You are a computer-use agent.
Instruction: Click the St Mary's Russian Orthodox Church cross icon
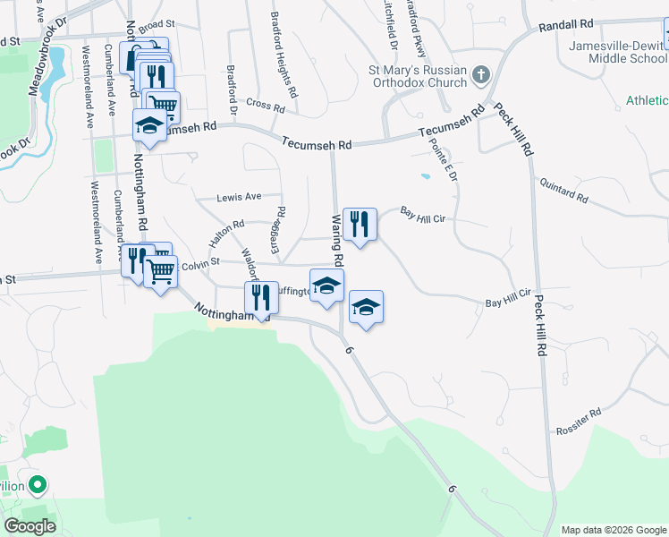(x=480, y=74)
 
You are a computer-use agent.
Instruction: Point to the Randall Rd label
(x=565, y=27)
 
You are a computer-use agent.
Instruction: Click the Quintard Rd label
(x=563, y=189)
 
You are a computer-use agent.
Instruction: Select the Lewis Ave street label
(x=240, y=197)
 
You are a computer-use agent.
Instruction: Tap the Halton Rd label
(x=226, y=235)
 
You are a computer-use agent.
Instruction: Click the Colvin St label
(x=199, y=265)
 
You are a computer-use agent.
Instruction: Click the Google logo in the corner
(x=30, y=525)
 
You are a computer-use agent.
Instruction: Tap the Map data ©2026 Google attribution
(x=613, y=530)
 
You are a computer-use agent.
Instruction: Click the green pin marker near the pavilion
(x=37, y=486)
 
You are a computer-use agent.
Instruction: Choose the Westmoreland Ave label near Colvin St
(x=97, y=223)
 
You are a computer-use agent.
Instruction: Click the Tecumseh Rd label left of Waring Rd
(x=317, y=143)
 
